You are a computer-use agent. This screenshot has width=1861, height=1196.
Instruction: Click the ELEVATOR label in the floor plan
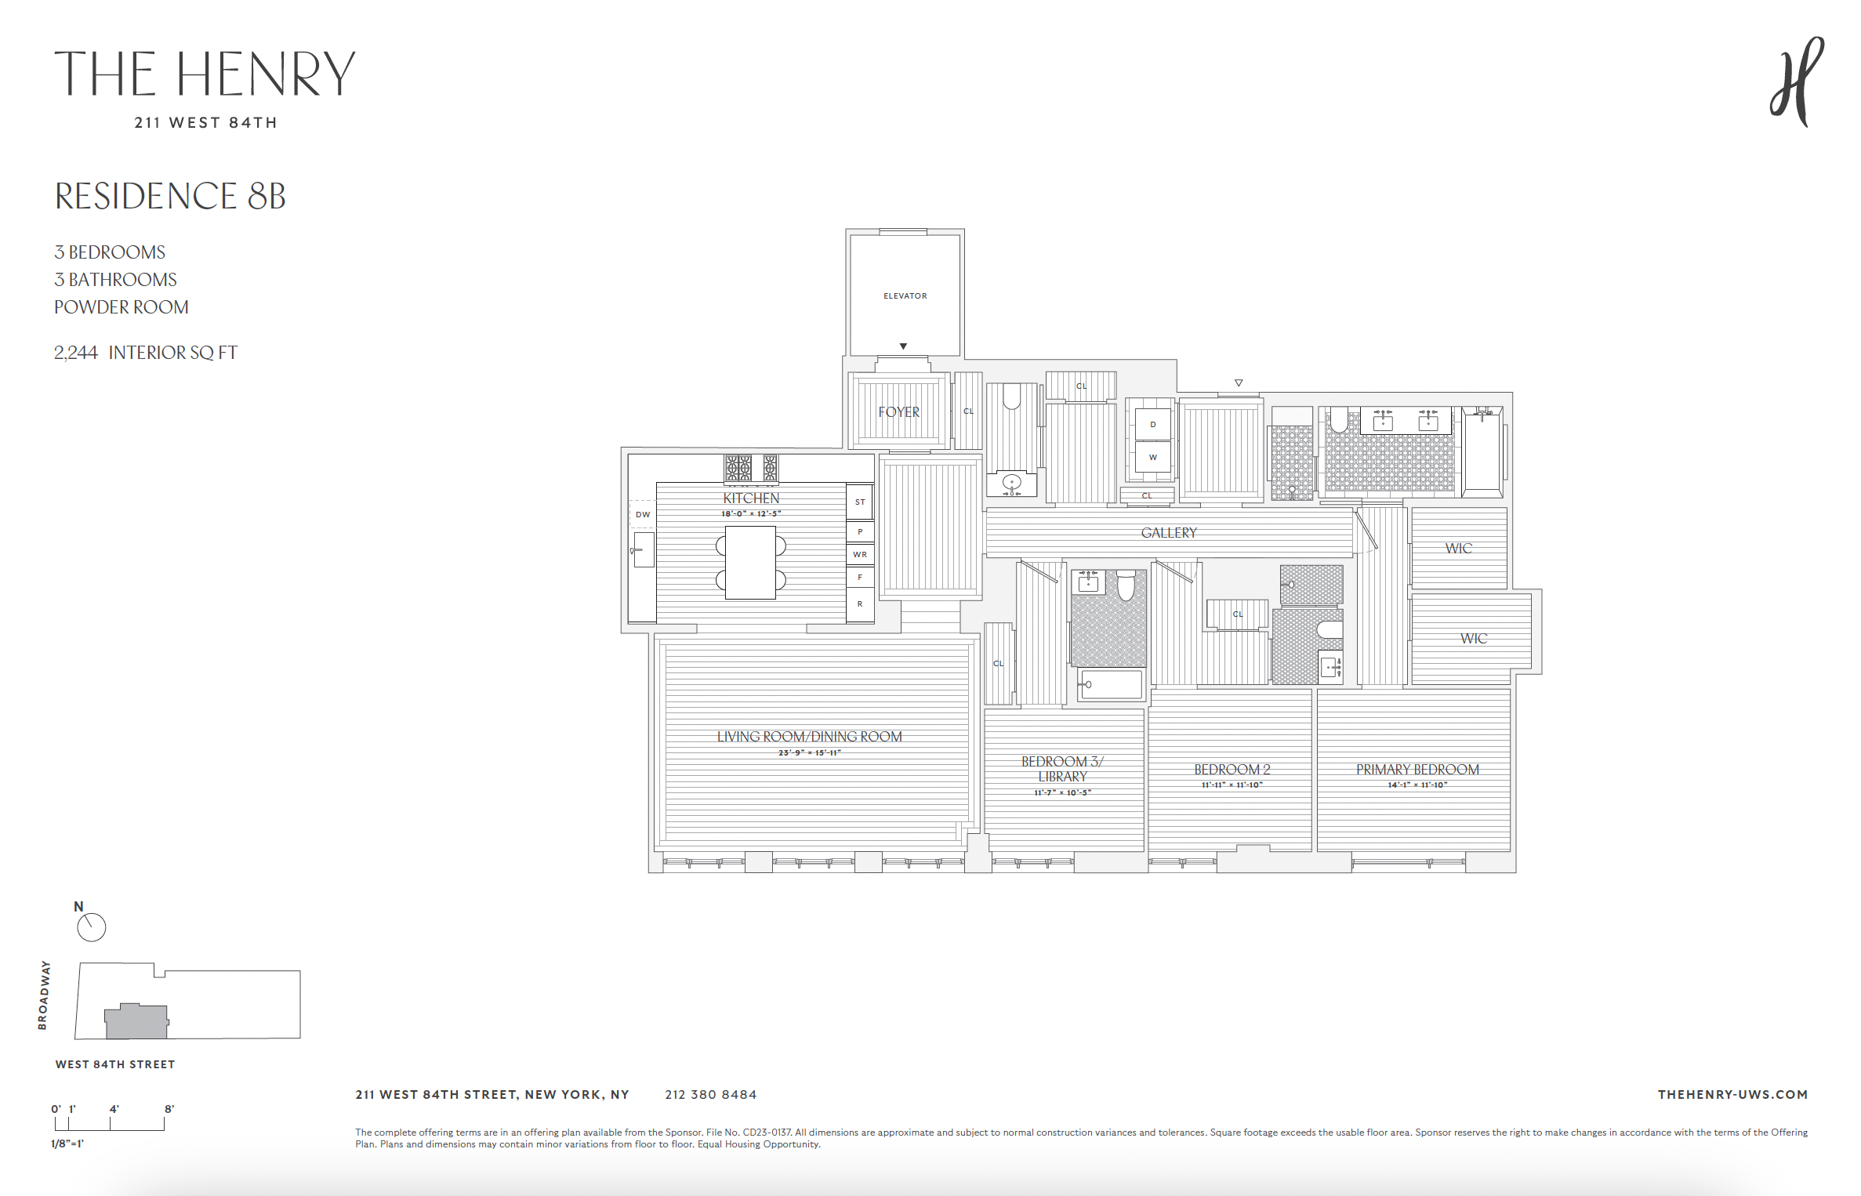905,295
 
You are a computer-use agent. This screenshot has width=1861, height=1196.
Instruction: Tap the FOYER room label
898,412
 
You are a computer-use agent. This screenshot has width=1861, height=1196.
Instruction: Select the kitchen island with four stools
750,563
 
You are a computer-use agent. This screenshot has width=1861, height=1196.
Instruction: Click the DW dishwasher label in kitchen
643,514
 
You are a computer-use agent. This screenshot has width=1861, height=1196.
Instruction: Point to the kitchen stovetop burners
750,468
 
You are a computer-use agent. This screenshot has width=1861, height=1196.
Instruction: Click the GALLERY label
1168,533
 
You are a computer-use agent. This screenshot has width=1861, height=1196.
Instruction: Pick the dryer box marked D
1152,424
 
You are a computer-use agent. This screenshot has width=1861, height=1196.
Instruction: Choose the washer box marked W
1152,457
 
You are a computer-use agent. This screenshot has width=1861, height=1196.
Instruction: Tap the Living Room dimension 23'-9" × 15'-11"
809,752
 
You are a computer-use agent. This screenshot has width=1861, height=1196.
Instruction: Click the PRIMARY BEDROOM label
1417,770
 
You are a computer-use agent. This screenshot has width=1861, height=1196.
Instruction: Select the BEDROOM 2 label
1232,770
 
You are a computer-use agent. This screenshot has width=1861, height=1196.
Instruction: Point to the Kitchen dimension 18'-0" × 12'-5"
751,514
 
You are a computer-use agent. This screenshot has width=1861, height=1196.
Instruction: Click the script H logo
1796,82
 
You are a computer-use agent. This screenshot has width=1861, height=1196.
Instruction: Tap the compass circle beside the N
92,927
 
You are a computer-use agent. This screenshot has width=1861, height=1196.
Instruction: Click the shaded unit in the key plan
136,1022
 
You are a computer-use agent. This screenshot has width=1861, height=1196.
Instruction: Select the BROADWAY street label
44,995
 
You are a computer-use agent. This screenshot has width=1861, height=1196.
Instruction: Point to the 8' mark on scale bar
169,1109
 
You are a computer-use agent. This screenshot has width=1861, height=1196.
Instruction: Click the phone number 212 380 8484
710,1094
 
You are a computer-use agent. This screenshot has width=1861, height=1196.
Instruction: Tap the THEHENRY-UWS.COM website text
1732,1094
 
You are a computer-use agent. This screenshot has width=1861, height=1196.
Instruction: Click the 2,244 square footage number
76,353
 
